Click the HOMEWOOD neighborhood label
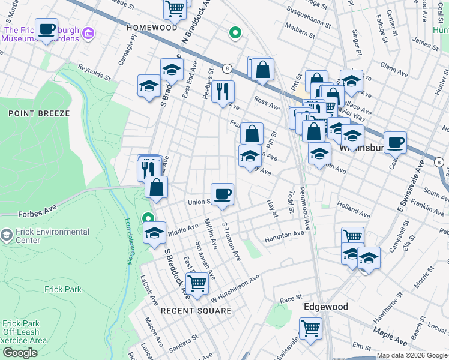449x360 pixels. [x=152, y=28]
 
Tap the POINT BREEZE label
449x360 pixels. [x=31, y=113]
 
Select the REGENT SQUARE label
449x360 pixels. [x=196, y=311]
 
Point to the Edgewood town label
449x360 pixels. [x=325, y=307]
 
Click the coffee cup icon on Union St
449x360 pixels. [x=222, y=194]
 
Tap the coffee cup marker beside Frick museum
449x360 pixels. [x=47, y=29]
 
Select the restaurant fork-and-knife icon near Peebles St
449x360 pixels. [x=223, y=92]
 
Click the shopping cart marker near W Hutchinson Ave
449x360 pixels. [x=197, y=281]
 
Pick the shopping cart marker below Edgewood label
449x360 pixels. [x=310, y=328]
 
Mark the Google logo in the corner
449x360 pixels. [x=20, y=353]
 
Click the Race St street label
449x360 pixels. [x=290, y=298]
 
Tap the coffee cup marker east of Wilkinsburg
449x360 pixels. [x=395, y=143]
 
